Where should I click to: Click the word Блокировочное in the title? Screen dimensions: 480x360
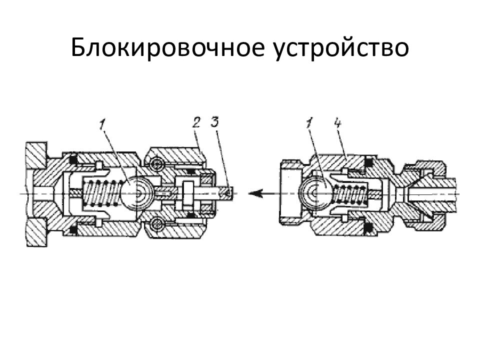(x=167, y=47)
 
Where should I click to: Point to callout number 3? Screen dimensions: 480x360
(x=214, y=122)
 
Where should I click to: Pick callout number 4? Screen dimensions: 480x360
(x=337, y=123)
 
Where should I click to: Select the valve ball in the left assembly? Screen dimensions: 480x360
(x=135, y=193)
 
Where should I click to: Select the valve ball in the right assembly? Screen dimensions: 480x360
(x=314, y=192)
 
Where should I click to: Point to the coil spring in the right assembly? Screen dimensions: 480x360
(x=349, y=193)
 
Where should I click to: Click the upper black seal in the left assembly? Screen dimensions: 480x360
(x=73, y=159)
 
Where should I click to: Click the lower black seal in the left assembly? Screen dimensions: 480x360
(x=73, y=229)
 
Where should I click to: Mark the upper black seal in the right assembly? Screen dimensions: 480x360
(x=368, y=162)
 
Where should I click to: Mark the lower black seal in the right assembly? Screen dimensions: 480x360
(x=368, y=227)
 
